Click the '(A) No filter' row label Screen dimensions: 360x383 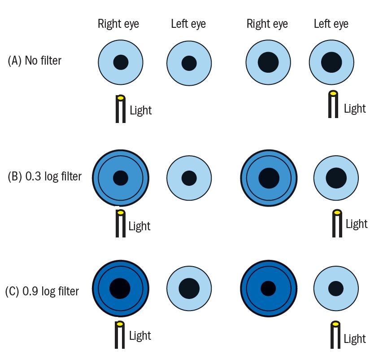[35, 61]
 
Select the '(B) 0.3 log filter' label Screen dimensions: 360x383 [45, 176]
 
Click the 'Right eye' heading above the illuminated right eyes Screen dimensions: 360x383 [118, 24]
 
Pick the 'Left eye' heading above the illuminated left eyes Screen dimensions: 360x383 [331, 24]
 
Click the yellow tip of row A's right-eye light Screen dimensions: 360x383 [120, 97]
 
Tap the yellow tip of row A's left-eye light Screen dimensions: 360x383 [333, 94]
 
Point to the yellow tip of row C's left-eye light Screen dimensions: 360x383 [334, 323]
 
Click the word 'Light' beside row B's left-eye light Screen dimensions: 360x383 [357, 224]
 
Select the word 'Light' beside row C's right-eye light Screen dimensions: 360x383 [140, 336]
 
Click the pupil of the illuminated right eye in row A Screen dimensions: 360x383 [121, 62]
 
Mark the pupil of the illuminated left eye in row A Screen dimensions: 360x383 [331, 62]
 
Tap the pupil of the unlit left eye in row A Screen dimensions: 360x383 [189, 63]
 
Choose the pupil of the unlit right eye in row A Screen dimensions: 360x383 [268, 62]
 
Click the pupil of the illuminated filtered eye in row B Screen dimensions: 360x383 [120, 178]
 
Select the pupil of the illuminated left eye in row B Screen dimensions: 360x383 [336, 178]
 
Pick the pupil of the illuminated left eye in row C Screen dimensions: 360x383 [336, 288]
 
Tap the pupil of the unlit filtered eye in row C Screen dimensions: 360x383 [268, 288]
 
